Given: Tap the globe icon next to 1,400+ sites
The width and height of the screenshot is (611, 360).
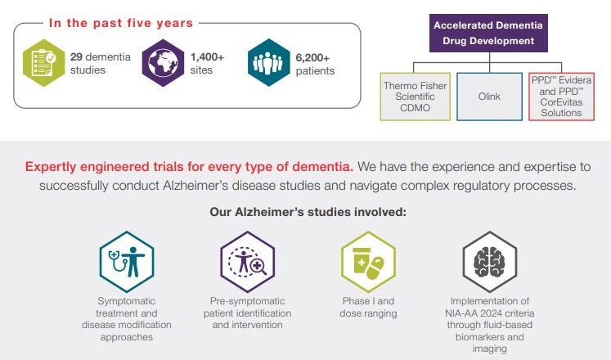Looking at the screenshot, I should pos(164,62).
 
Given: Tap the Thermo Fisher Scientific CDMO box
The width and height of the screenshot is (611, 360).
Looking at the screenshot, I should pos(416,96).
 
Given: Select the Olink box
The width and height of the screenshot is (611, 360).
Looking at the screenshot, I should pos(489,96).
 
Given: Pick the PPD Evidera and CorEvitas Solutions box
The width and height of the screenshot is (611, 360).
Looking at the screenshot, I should pos(560,96).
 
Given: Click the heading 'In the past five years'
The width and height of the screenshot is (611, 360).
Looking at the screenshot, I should pos(120,23).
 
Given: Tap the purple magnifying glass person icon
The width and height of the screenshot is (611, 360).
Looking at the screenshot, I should pos(246,261).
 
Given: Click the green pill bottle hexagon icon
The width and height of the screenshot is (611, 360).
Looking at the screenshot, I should pos(367,261).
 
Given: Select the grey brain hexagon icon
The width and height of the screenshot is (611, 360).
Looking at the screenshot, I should pos(489,261).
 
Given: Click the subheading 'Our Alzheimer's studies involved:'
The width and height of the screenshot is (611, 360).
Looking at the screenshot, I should pos(308,213).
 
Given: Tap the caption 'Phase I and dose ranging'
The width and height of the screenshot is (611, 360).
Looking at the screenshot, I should pos(367,307).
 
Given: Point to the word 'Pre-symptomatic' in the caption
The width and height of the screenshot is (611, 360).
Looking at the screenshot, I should pos(245,301).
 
